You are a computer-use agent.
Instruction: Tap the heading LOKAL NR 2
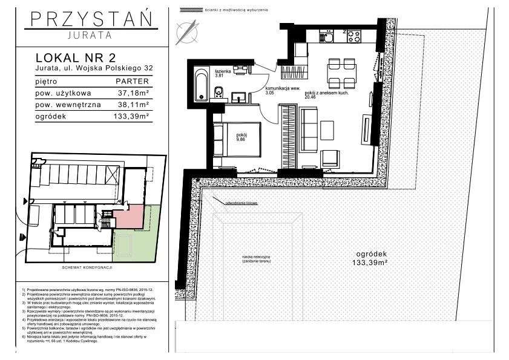point(76,58)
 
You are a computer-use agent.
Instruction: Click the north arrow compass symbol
point(186,31)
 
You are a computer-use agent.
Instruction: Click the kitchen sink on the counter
point(327,37)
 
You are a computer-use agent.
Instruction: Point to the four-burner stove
point(353,36)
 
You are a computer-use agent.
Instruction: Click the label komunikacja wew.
point(278,88)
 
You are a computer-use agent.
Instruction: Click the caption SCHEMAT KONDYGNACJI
point(88,267)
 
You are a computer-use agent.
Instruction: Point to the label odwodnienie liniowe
point(240,203)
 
